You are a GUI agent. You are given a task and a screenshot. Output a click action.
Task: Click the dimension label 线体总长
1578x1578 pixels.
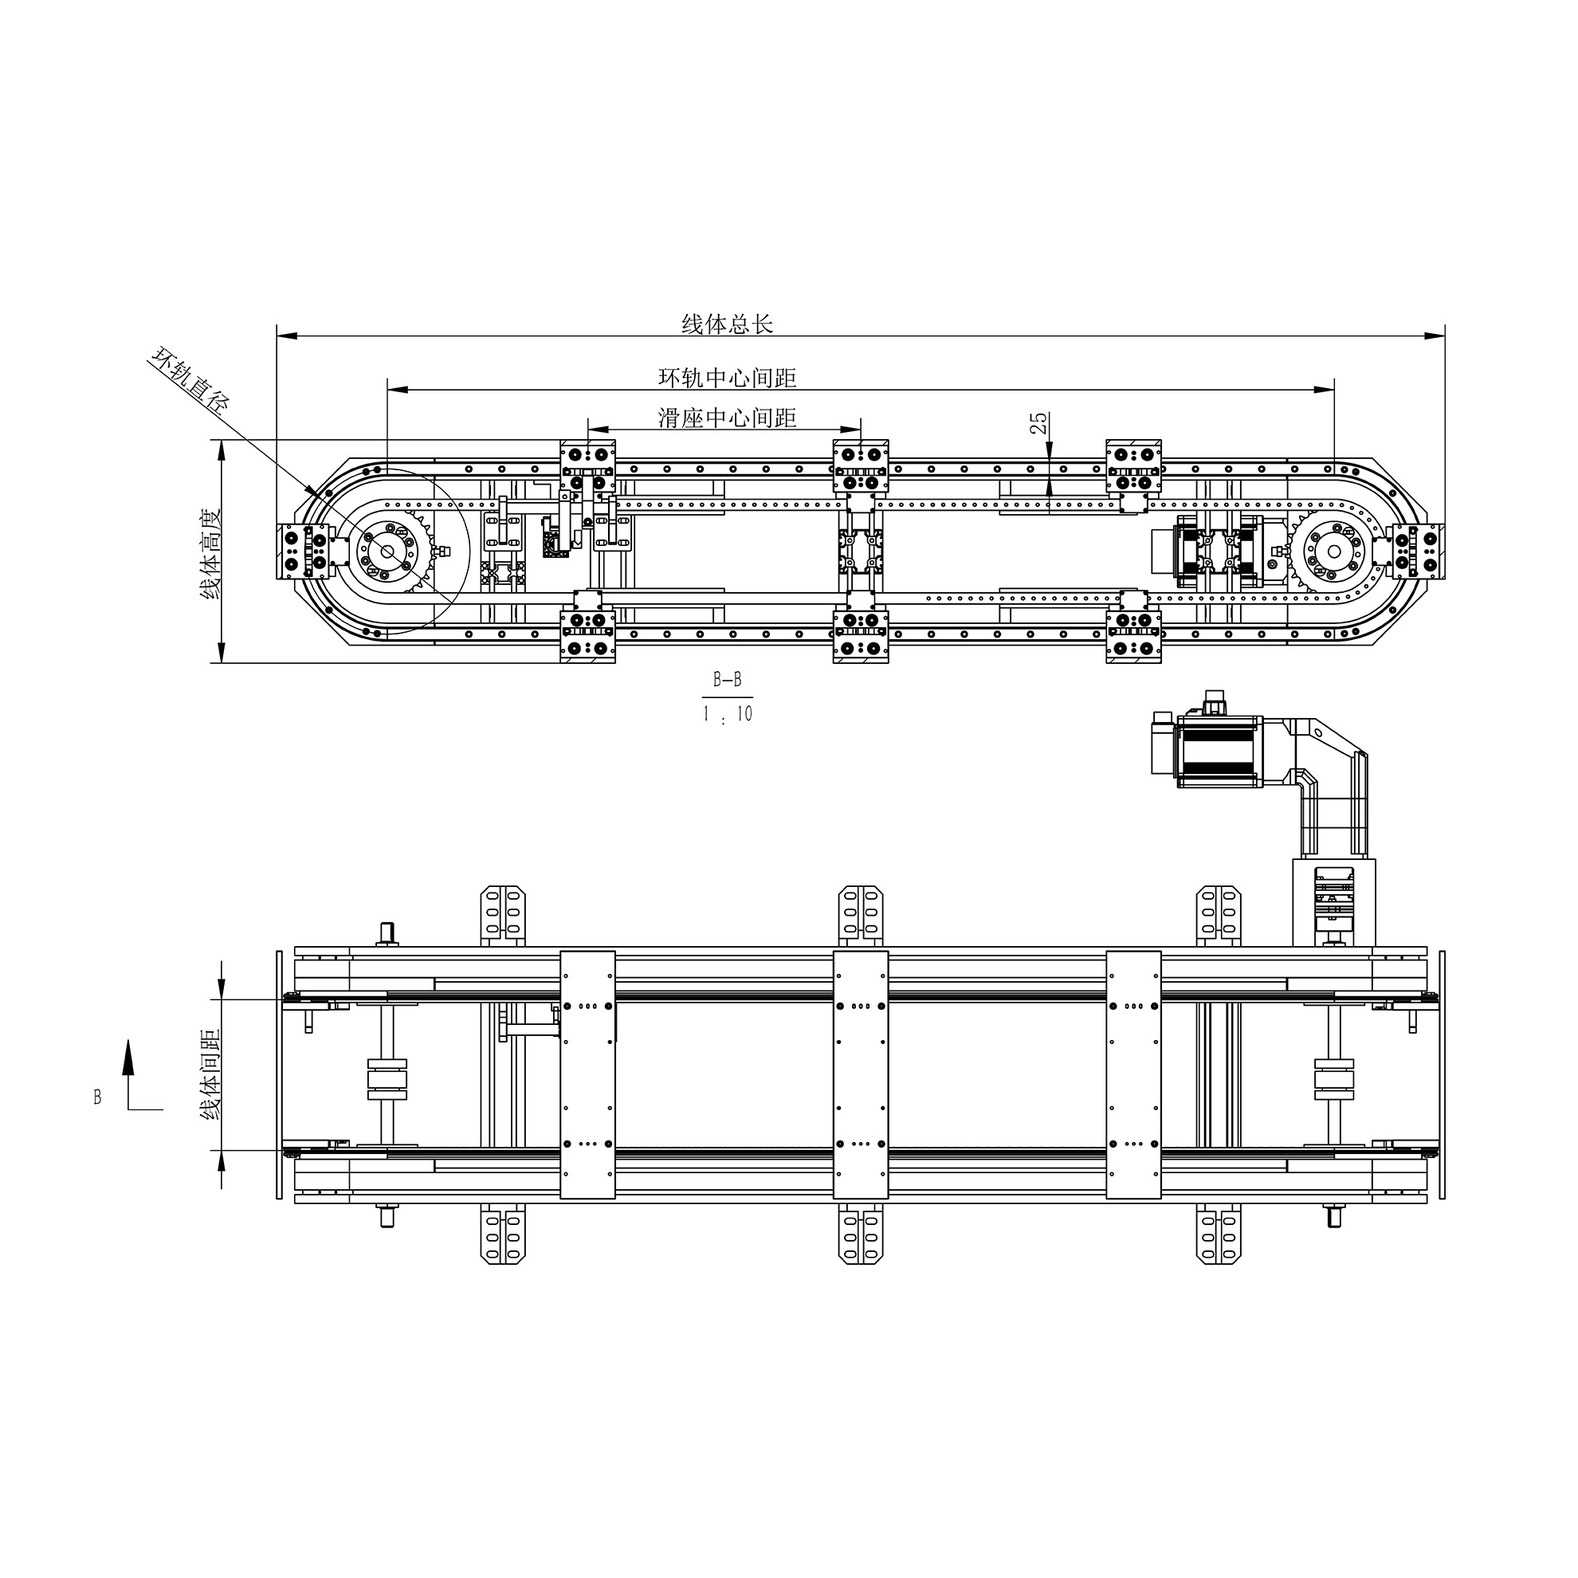(x=727, y=324)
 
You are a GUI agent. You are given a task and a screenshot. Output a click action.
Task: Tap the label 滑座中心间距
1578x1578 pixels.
(x=727, y=418)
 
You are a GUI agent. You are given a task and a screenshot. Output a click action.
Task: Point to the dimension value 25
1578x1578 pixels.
(x=1039, y=423)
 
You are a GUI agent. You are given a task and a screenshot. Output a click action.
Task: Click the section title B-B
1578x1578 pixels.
(x=727, y=680)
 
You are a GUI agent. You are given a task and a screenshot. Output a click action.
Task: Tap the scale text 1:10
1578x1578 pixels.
(x=727, y=714)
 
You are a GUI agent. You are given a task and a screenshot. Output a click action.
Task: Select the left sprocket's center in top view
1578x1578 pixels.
(x=387, y=553)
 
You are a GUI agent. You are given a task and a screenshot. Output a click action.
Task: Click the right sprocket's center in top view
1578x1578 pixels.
(x=1334, y=552)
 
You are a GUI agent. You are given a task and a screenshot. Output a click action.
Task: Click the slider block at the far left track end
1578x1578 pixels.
(x=304, y=553)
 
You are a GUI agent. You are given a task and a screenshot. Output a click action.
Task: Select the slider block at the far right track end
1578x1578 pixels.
(x=1416, y=552)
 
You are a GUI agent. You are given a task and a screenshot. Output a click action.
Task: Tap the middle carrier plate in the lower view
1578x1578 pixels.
(x=861, y=1075)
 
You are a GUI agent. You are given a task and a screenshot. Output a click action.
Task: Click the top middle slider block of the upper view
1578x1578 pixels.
(x=861, y=466)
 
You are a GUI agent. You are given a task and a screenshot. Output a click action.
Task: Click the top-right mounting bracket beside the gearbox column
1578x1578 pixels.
(x=1218, y=915)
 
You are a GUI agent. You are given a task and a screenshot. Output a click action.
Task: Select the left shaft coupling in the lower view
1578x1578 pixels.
(x=387, y=1080)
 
